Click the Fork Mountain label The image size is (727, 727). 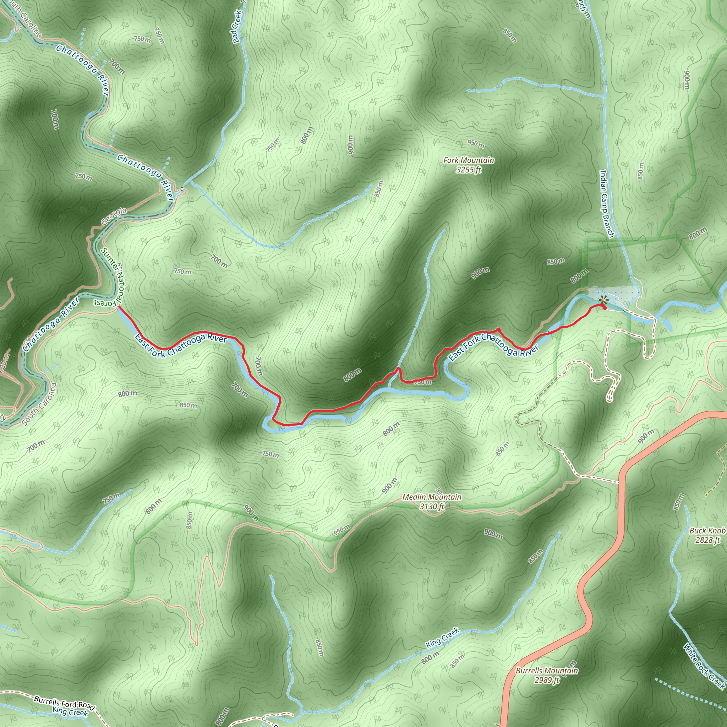tap(469, 160)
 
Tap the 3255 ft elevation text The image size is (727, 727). tap(469, 170)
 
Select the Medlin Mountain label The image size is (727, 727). tap(432, 497)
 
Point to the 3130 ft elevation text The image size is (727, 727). tap(432, 507)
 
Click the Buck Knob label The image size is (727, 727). tap(707, 531)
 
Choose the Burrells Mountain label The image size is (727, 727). tap(546, 671)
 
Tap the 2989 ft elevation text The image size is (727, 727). tap(546, 680)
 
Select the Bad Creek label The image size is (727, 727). tap(237, 26)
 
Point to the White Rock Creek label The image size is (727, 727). tap(704, 666)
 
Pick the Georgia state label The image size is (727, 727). tap(114, 217)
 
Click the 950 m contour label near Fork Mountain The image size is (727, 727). tap(476, 144)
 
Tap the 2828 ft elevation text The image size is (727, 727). tap(707, 540)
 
